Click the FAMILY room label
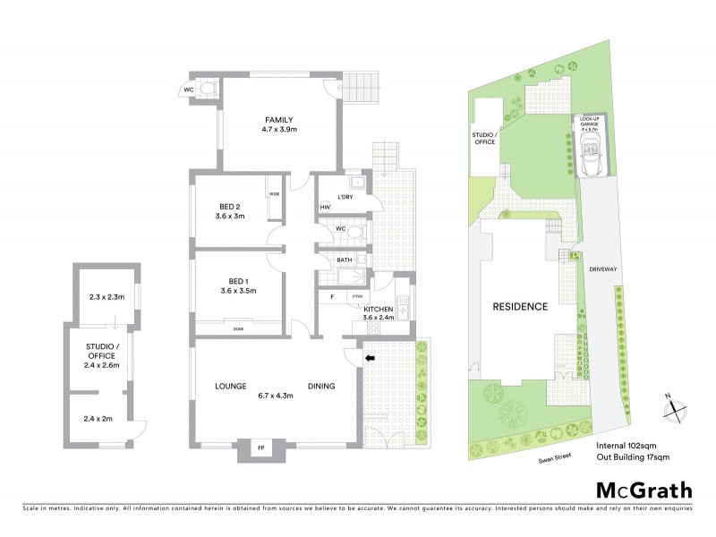click(278, 120)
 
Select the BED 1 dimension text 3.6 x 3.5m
click(236, 291)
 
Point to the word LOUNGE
click(230, 387)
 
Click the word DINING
click(320, 387)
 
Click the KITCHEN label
click(379, 308)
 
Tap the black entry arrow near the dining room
click(370, 358)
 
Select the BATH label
click(345, 260)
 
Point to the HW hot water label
click(325, 209)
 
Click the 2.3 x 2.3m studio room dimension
click(106, 297)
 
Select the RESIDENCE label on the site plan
click(520, 306)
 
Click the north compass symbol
click(674, 408)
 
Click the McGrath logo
click(644, 490)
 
